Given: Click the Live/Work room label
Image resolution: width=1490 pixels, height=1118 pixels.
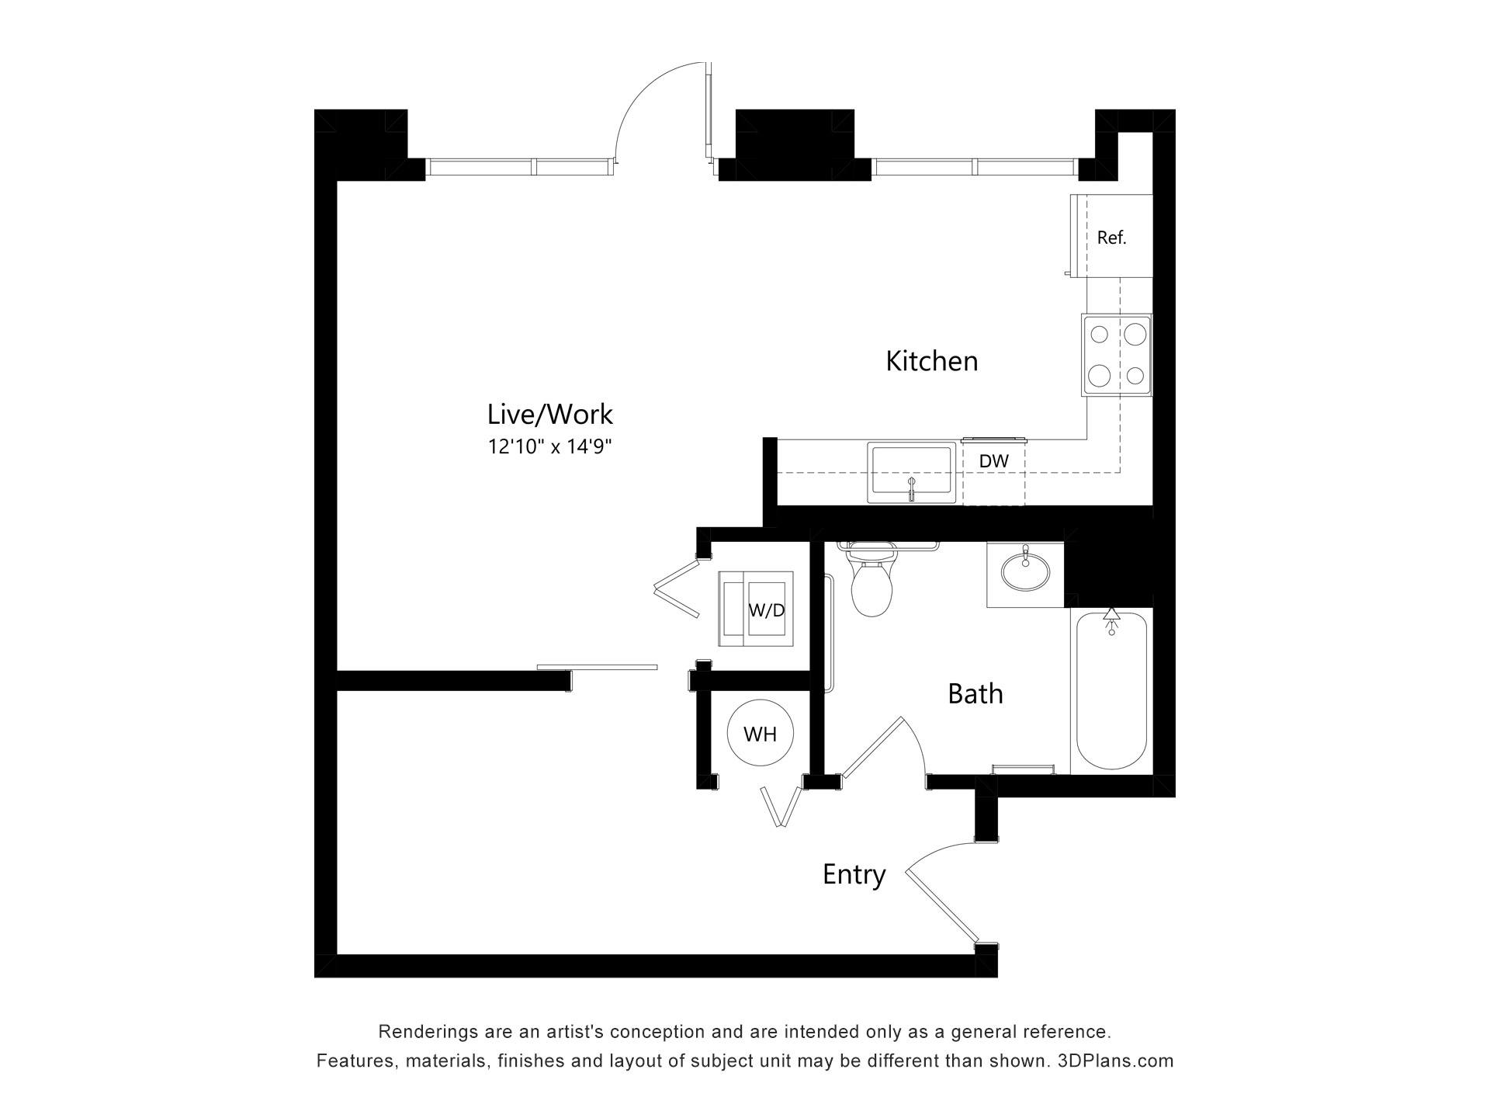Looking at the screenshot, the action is [549, 415].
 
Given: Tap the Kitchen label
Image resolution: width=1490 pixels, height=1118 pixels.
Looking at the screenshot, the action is [931, 361].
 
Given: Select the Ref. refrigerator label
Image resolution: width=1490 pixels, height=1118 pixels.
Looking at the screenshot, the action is [1111, 238].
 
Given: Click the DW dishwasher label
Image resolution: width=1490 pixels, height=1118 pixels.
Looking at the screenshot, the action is [993, 461].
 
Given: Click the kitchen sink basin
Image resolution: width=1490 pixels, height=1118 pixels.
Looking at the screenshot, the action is [911, 471].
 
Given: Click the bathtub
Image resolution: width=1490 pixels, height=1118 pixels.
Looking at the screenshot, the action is [1111, 691].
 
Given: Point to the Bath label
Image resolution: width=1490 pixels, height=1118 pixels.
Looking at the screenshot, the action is [975, 693].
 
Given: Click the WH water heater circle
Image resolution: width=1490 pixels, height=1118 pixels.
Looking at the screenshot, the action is [760, 734].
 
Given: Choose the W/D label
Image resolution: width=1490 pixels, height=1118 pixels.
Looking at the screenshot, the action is [767, 610].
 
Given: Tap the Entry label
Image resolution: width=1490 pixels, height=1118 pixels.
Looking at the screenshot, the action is [854, 875].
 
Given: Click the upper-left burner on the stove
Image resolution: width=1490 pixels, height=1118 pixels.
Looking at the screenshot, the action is [1100, 335].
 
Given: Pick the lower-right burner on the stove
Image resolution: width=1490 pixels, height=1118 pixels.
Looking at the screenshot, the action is [1135, 377].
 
